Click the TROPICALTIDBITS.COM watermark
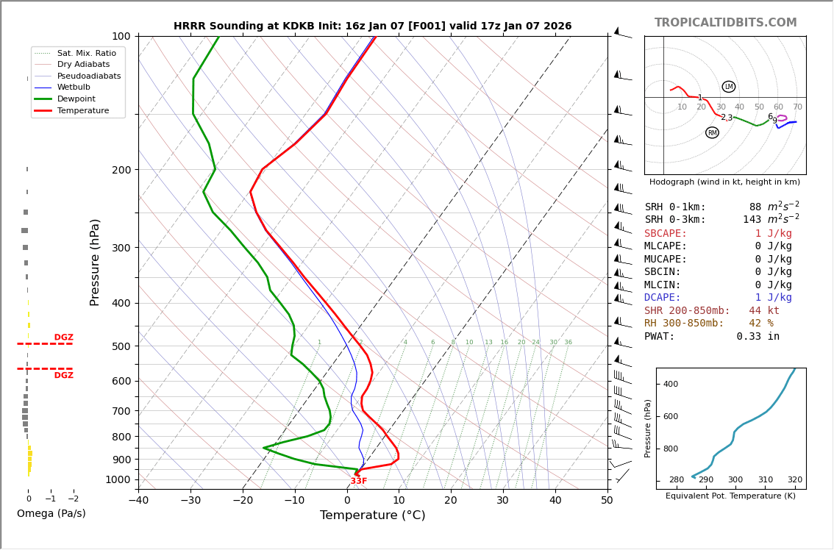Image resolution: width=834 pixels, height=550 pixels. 725,23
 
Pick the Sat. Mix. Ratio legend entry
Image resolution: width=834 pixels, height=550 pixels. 86,53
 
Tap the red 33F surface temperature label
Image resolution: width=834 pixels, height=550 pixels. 358,481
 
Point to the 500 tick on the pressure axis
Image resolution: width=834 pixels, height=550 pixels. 121,346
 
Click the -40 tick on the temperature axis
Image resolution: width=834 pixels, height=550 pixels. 138,501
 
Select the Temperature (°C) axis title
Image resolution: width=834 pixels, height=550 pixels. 372,515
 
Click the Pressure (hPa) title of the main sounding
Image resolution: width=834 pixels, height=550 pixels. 95,262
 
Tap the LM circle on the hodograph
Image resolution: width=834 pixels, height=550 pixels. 729,87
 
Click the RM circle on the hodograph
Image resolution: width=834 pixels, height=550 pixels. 712,133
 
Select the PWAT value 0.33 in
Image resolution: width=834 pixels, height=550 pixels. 758,337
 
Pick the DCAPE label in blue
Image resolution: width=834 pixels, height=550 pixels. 663,298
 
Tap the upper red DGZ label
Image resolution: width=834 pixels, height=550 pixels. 63,337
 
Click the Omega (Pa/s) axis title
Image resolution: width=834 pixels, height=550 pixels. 51,514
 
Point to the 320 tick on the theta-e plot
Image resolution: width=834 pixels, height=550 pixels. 794,480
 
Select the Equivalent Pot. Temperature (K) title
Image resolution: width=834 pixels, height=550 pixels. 730,496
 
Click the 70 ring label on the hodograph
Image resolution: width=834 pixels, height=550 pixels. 797,107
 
